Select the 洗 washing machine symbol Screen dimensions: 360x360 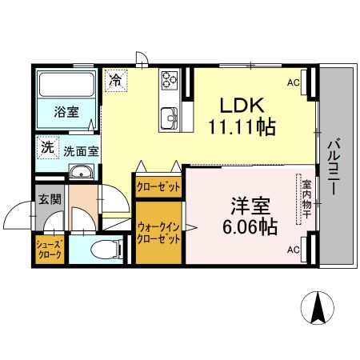47,148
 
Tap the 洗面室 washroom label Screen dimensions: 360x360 80,150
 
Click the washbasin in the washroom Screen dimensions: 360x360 80,174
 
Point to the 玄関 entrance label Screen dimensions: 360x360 48,199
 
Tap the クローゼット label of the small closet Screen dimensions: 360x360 158,186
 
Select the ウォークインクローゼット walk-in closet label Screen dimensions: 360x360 158,232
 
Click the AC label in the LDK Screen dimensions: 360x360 293,82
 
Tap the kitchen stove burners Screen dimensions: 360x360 170,80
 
